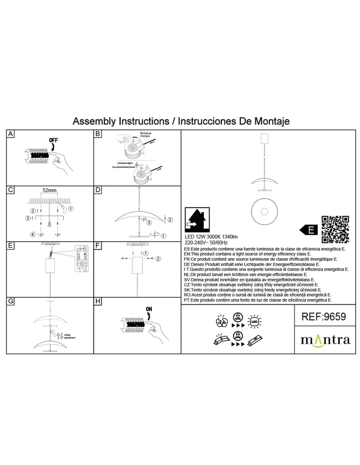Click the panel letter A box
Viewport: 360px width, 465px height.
(10, 134)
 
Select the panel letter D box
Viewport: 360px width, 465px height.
(98, 190)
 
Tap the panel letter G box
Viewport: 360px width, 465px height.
(10, 301)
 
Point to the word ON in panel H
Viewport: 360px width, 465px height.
(149, 309)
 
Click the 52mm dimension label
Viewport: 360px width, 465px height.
(49, 190)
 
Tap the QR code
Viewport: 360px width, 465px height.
(335, 230)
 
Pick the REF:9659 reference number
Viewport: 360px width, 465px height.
(323, 316)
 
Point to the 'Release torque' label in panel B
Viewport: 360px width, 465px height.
(145, 134)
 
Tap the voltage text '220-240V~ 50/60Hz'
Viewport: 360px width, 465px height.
(206, 243)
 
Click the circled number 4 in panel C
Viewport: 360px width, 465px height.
(33, 234)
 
